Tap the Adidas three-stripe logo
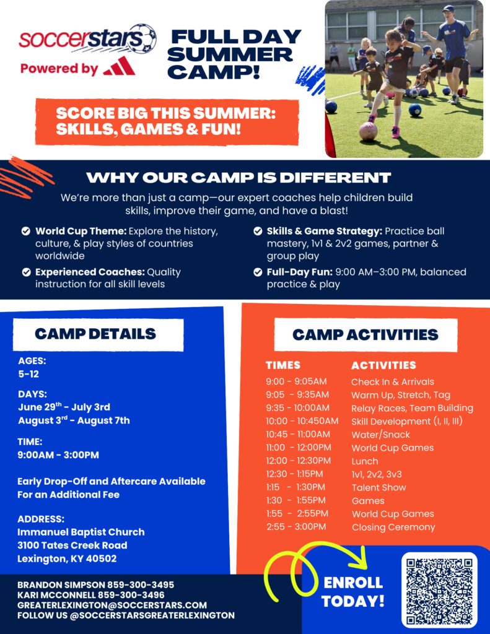coord(119,66)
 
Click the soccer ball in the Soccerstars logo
coord(144,39)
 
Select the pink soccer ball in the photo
coord(368,131)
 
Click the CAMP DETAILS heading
coord(95,334)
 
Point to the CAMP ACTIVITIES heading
coord(365,335)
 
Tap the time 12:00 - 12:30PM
coord(298,461)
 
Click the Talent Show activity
coord(378,487)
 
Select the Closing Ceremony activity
coord(393,528)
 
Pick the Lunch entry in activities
coord(365,461)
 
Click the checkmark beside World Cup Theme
coord(26,232)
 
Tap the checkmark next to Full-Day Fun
coord(258,272)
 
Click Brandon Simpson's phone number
coord(141,584)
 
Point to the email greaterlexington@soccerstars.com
coord(112,606)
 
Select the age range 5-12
coord(28,374)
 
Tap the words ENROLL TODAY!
coord(353,591)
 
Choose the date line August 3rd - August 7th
coord(74,420)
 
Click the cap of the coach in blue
coord(448,7)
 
